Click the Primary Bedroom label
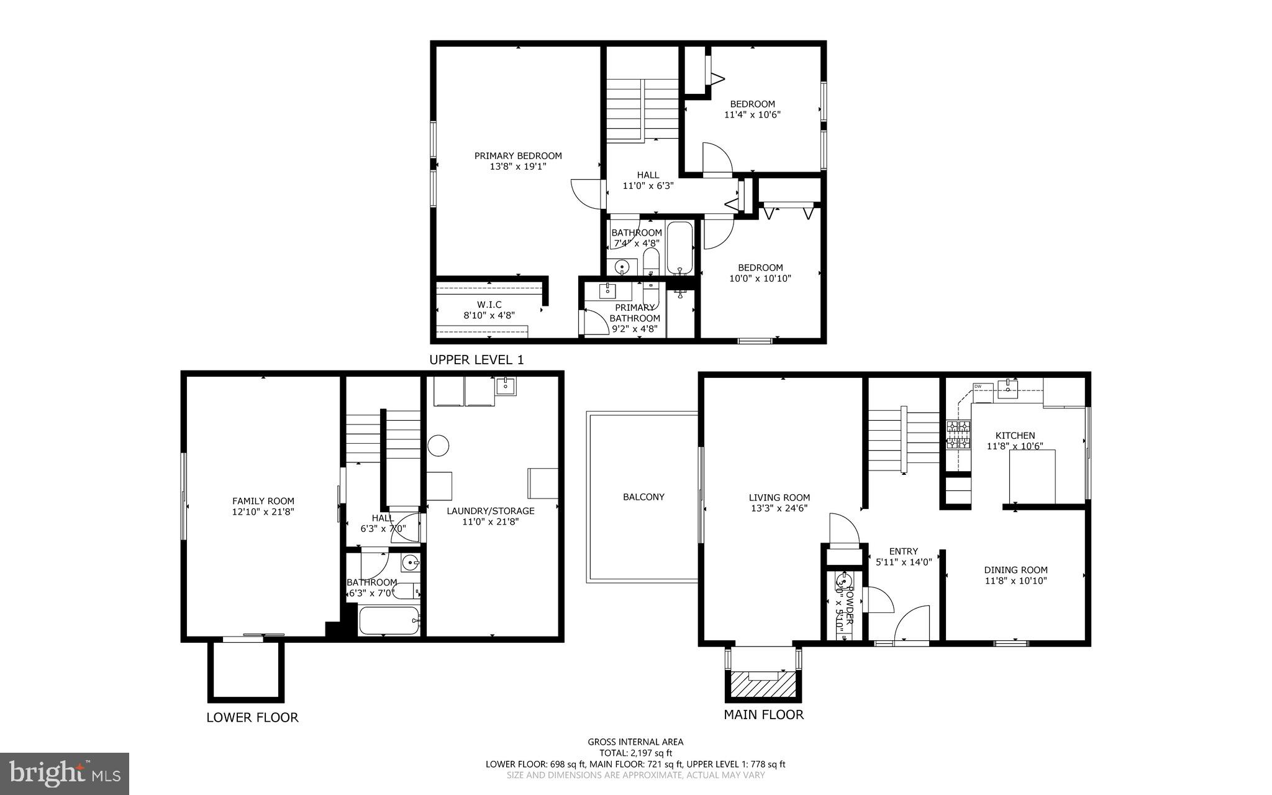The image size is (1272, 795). (518, 156)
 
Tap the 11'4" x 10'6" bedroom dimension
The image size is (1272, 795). (752, 115)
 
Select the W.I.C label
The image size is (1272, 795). (489, 305)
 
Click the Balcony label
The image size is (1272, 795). (643, 497)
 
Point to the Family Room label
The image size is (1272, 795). (263, 501)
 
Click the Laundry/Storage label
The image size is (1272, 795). (490, 511)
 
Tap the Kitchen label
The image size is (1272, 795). (1015, 436)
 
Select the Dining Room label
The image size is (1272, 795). (1015, 570)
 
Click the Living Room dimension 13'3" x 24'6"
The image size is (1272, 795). (779, 508)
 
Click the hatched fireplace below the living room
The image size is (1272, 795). (763, 685)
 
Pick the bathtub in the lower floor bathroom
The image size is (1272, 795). (389, 620)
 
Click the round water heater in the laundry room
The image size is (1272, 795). (438, 446)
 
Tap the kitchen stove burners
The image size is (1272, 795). (958, 434)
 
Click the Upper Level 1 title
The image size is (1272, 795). (476, 360)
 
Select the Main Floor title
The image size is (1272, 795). (763, 715)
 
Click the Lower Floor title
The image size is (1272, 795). (252, 718)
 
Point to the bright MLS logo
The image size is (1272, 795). (65, 774)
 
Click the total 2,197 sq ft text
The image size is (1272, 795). (635, 753)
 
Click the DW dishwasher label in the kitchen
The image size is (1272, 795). (978, 387)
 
